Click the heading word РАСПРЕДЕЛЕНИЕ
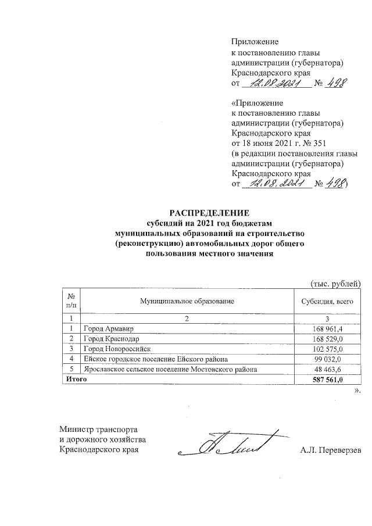coord(209,213)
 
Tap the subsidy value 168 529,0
coord(329,339)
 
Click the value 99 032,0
coord(331,359)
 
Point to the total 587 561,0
coord(328,380)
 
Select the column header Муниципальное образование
coord(187,301)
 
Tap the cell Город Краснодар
coord(111,339)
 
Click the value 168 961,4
coord(329,330)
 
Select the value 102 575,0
coord(329,349)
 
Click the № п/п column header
coord(71,301)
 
